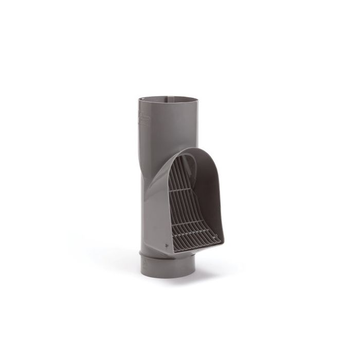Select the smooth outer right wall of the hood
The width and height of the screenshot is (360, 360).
pyautogui.click(x=222, y=201)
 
